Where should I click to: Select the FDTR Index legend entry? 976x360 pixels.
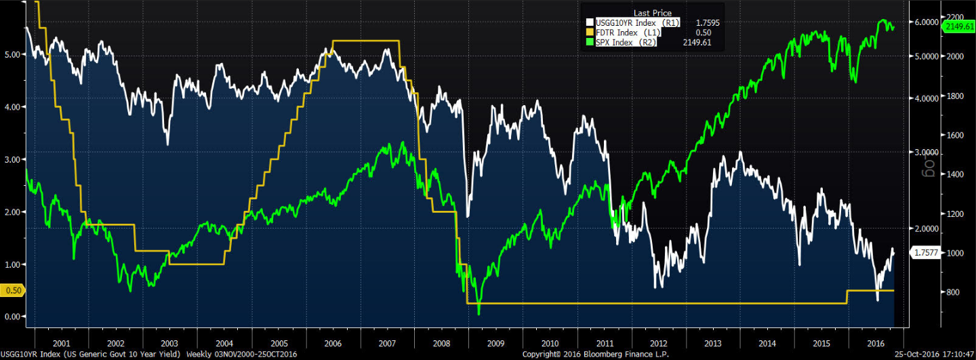pos(628,32)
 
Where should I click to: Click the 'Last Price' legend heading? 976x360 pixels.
pos(651,13)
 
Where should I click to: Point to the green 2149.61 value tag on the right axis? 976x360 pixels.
pos(958,26)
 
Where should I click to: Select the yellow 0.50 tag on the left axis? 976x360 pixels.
pos(13,291)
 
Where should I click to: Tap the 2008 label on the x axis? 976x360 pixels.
pos(441,343)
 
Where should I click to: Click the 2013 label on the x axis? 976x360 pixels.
pos(713,343)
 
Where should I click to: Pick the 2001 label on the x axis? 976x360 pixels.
pos(62,343)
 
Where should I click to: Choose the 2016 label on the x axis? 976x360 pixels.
pos(875,343)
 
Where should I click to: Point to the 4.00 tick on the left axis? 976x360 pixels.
pos(13,106)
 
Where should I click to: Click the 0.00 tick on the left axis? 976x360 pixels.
pos(13,317)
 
